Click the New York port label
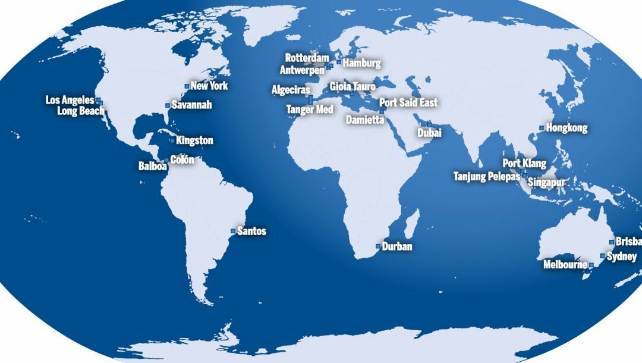tap(209, 86)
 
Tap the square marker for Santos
tap(233, 231)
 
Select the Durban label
tap(397, 246)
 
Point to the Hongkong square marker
tap(542, 128)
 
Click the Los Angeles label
tap(70, 100)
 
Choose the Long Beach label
tap(81, 111)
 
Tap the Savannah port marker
tap(168, 105)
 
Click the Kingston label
tap(194, 141)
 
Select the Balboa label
tap(153, 167)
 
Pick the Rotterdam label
tap(307, 58)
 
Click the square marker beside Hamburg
tap(339, 62)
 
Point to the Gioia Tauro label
tap(353, 87)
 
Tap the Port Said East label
tap(408, 102)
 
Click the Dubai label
tap(429, 133)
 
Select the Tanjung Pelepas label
tap(487, 177)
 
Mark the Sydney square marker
tap(602, 256)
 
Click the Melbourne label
tap(565, 265)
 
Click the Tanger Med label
tap(310, 109)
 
